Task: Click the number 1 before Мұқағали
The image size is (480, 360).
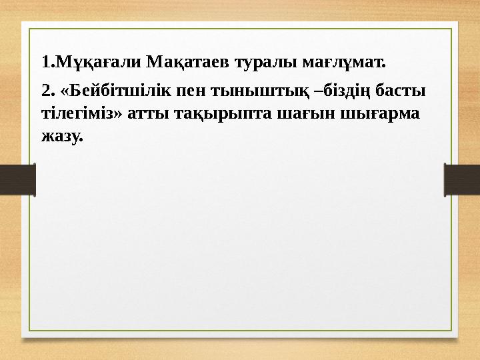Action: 45,63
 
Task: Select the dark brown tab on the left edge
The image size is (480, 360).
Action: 17,179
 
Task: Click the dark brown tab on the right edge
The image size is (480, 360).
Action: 462,179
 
